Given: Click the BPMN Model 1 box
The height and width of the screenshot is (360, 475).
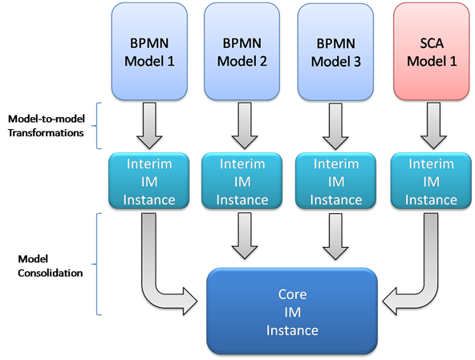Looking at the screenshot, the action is [x=149, y=51].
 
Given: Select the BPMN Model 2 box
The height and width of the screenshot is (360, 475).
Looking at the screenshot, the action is [x=242, y=51].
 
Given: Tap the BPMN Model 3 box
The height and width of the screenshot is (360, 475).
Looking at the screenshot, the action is [x=335, y=52].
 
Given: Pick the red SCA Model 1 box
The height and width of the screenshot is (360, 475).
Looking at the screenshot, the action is [x=432, y=51].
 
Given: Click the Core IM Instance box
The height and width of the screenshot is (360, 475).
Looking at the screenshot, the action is [x=292, y=311].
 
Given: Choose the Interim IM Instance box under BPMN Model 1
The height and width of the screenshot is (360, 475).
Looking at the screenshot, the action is [x=149, y=181].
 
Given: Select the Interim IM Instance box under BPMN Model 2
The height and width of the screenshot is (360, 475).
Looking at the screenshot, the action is [x=242, y=181].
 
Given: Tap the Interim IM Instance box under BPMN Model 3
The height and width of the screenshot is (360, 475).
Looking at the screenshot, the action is [x=336, y=181].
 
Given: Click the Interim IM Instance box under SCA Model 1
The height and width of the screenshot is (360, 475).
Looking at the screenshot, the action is [x=431, y=181].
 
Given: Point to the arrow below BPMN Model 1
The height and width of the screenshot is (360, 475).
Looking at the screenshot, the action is [x=149, y=126].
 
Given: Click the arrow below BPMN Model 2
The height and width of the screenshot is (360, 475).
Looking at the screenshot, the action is [x=245, y=126].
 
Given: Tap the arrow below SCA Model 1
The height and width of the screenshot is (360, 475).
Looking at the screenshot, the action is [x=433, y=126].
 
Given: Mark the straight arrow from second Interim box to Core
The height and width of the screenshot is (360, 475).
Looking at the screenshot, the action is [x=245, y=236].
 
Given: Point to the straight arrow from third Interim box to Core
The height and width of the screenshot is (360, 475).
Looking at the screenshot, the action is [x=335, y=237].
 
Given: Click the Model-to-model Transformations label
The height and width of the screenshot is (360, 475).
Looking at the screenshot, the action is [x=46, y=126].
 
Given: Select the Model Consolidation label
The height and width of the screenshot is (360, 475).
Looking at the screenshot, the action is [x=50, y=266].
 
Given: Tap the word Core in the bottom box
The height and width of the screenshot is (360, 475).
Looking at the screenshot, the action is [x=292, y=294].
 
